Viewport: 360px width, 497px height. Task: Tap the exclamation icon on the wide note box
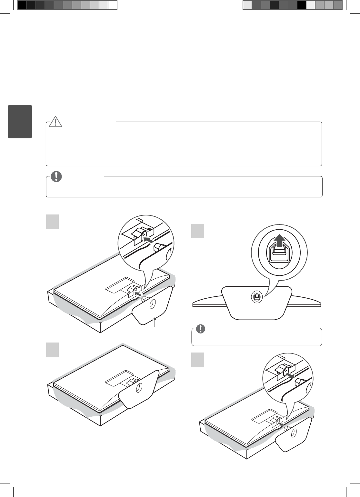point(57,176)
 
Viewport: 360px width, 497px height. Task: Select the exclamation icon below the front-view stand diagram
point(201,328)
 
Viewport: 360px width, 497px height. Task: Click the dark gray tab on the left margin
point(20,122)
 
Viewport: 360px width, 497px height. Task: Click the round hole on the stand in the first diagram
point(151,303)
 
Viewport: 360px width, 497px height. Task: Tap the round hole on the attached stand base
point(138,388)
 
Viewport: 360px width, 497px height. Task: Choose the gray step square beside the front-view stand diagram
point(198,231)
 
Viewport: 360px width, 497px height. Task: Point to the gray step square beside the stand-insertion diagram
point(52,222)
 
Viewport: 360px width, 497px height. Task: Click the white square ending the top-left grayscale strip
point(112,5)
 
